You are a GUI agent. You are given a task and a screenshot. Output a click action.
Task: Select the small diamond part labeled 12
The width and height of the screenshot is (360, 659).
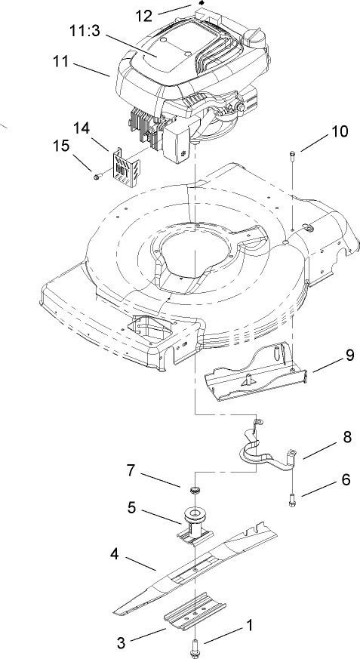tap(201, 4)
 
